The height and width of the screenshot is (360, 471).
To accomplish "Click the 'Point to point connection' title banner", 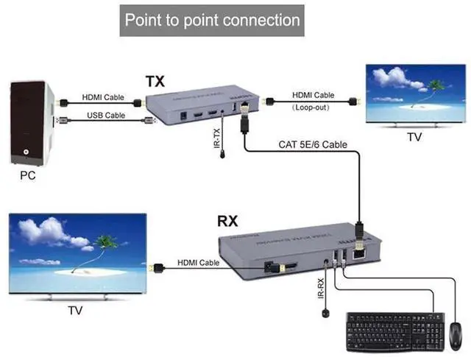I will click(x=212, y=19).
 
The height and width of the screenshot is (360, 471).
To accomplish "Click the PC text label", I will click(x=28, y=176).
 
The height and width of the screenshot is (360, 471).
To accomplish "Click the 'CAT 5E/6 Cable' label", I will click(x=313, y=144).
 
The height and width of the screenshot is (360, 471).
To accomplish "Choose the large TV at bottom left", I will click(x=76, y=255).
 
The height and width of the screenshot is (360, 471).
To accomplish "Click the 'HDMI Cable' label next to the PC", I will click(x=102, y=96).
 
